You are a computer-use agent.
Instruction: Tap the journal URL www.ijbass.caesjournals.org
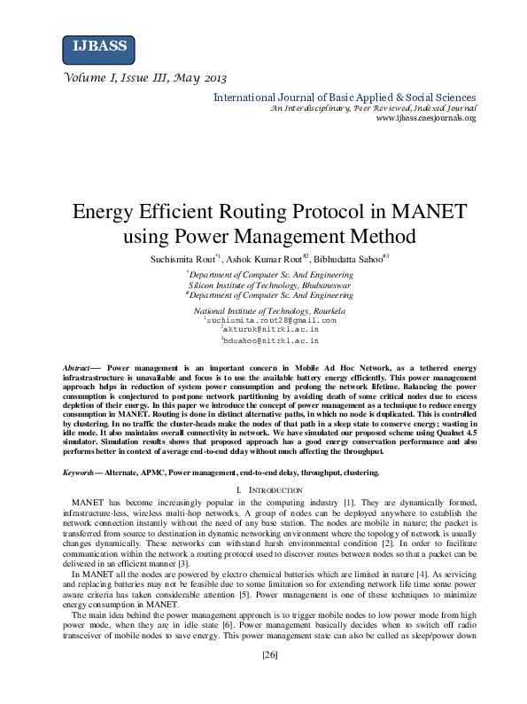(426, 117)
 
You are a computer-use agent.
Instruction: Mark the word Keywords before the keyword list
(81, 473)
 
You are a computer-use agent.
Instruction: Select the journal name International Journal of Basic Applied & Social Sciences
(345, 98)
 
